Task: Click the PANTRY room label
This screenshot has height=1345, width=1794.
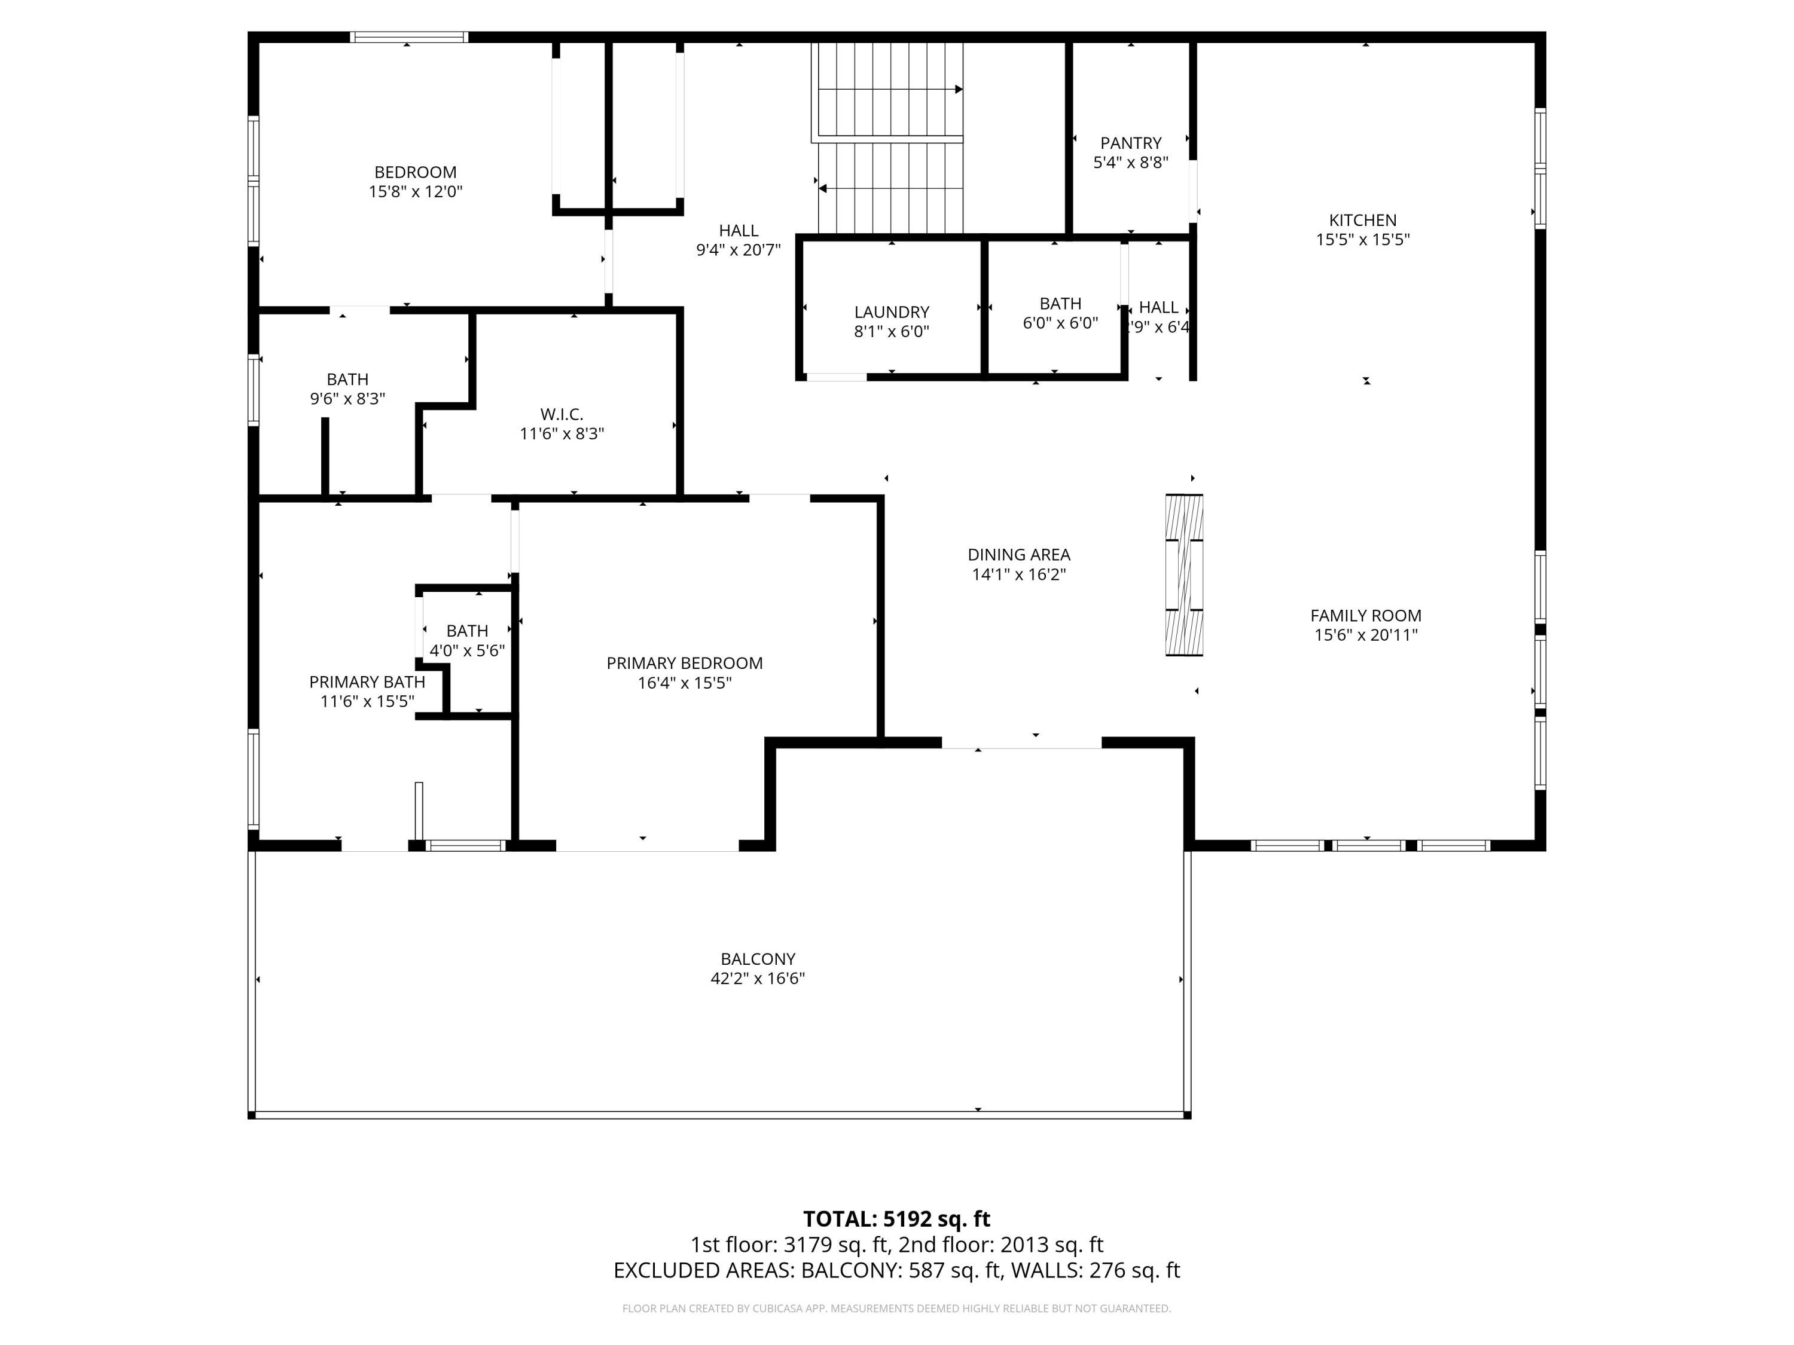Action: (x=1131, y=143)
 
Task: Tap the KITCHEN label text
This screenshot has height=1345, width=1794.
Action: (x=1362, y=220)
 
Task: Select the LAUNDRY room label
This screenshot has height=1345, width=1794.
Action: (x=892, y=312)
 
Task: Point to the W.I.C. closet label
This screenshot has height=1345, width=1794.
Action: (x=562, y=414)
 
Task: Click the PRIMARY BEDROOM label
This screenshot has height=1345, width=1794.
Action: (x=685, y=663)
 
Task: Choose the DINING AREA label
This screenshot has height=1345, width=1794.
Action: (x=1018, y=555)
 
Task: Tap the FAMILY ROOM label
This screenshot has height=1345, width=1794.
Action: (x=1366, y=615)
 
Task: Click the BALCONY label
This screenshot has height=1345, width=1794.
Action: (x=758, y=958)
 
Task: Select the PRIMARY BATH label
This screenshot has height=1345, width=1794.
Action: (x=367, y=682)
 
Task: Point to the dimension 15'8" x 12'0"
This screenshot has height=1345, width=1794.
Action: (x=415, y=191)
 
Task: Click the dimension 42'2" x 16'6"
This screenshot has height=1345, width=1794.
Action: (x=758, y=978)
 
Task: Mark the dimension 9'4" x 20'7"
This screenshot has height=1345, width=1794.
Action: (x=738, y=250)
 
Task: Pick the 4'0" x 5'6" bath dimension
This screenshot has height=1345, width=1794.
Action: (x=467, y=650)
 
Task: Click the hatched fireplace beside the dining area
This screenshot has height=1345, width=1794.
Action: (x=1184, y=575)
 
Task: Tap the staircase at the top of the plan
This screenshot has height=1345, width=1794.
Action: (x=890, y=138)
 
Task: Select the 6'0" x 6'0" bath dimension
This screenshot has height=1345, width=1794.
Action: (x=1060, y=323)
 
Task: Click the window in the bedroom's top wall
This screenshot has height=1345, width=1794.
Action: (x=410, y=36)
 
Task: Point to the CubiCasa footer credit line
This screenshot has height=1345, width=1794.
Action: (x=896, y=1308)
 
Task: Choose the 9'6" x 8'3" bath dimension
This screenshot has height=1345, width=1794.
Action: (x=347, y=399)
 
